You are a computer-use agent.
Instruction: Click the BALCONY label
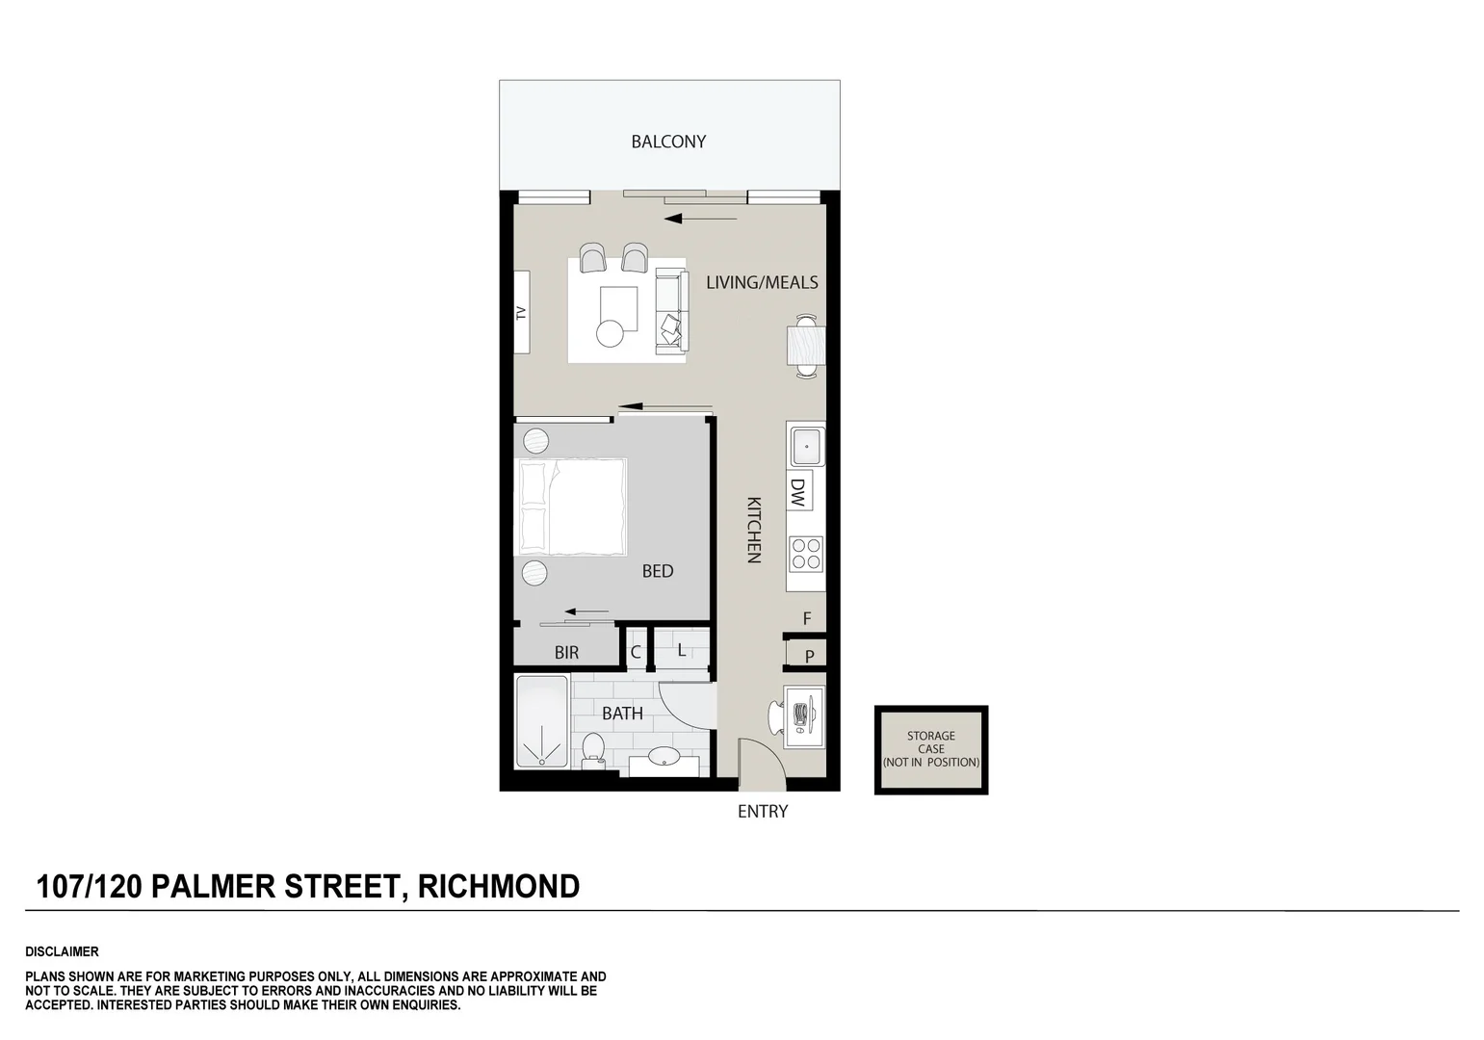click(x=668, y=142)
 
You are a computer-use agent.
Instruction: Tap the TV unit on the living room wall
click(x=521, y=312)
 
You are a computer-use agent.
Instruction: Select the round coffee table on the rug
click(x=610, y=333)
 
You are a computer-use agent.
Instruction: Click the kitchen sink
click(x=805, y=447)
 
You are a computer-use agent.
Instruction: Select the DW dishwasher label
click(x=798, y=492)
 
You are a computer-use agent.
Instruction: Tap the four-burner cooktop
click(x=806, y=554)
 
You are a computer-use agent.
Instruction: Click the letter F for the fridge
click(x=807, y=619)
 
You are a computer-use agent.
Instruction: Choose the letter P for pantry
click(x=809, y=656)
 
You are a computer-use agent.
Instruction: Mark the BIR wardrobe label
click(x=566, y=653)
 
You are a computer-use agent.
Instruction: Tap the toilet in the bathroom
click(x=593, y=748)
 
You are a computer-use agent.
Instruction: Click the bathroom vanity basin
click(x=664, y=758)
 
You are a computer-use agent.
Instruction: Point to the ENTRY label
click(x=762, y=812)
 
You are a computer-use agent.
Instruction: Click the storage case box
click(x=930, y=749)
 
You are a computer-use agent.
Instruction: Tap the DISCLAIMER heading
click(x=62, y=951)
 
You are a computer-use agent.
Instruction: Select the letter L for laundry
click(x=681, y=650)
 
